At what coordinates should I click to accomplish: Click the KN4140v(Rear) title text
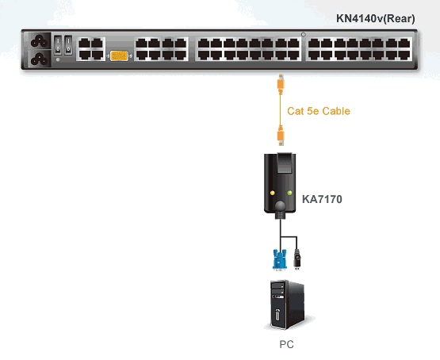pos(376,18)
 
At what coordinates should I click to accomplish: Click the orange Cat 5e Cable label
pos(319,111)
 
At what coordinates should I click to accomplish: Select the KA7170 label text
pos(322,199)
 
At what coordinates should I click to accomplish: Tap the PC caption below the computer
pos(286,344)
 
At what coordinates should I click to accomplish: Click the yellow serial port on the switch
pos(119,56)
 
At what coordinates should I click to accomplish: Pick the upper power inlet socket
pos(40,41)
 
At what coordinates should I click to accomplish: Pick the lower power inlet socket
pos(40,59)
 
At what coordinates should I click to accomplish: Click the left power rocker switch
pos(58,44)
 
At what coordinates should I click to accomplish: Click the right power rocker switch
pos(68,44)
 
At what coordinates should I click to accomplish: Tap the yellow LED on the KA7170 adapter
pos(272,193)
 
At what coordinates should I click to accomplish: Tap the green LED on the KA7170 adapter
pos(289,193)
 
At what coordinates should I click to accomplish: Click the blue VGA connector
pos(280,260)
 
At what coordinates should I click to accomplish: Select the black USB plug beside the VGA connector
pos(297,259)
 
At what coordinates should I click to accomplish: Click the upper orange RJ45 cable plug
pos(281,83)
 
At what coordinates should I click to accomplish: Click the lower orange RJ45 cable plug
pos(281,136)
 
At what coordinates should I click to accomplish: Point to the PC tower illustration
pos(287,304)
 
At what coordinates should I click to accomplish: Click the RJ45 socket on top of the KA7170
pos(285,163)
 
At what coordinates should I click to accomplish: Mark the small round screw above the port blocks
pos(304,35)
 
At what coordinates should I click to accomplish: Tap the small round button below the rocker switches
pos(58,59)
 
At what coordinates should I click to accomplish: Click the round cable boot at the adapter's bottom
pos(280,206)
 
